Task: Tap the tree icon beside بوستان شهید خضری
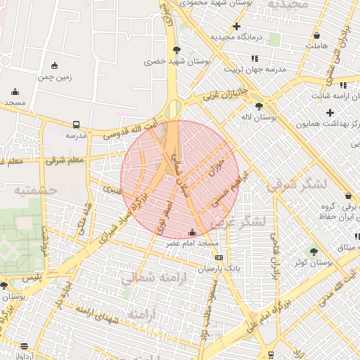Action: [x=175, y=49]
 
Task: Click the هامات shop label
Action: [x=317, y=46]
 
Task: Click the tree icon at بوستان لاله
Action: [x=259, y=106]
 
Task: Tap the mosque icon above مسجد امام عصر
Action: [x=193, y=233]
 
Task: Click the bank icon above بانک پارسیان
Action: [x=219, y=258]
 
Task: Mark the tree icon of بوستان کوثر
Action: [x=314, y=251]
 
